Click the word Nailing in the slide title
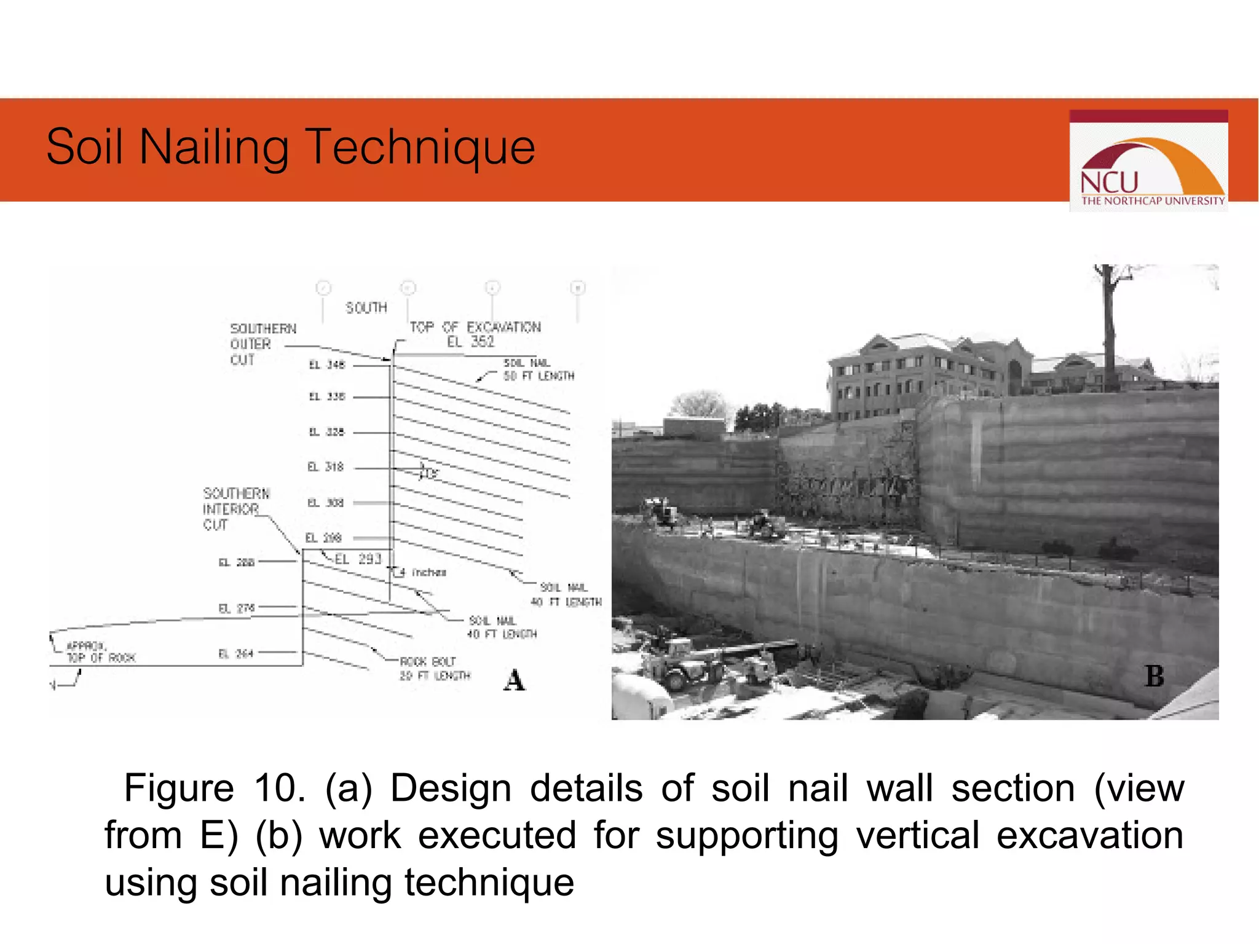click(x=214, y=147)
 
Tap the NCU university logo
click(x=1148, y=161)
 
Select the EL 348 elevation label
click(x=327, y=365)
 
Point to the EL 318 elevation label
click(x=326, y=467)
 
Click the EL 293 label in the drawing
click(x=358, y=559)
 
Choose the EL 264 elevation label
click(x=236, y=654)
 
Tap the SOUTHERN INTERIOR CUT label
click(x=236, y=509)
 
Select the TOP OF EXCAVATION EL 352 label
click(x=475, y=334)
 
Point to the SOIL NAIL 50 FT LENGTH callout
click(x=539, y=369)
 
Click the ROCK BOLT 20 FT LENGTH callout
click(x=434, y=669)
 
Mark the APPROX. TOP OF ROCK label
click(x=100, y=652)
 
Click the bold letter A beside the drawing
click(x=514, y=680)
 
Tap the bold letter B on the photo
click(x=1154, y=676)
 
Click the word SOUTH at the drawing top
click(x=366, y=308)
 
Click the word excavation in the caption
click(x=1089, y=835)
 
